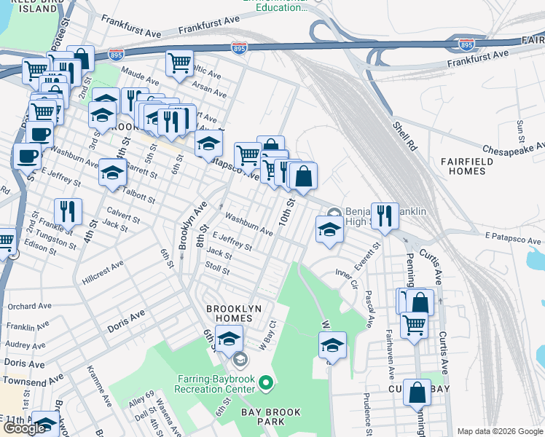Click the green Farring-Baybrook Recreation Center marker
(x=267, y=382)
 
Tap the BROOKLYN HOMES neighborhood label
(x=233, y=309)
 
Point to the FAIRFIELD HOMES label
(x=462, y=165)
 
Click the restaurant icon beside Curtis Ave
(x=385, y=215)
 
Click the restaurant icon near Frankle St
(x=68, y=211)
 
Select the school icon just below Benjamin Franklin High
(x=330, y=229)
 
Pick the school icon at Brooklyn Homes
(x=229, y=339)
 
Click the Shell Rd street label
(x=403, y=135)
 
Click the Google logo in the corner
(x=24, y=428)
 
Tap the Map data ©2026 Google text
(x=500, y=431)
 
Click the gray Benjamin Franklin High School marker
(x=334, y=214)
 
